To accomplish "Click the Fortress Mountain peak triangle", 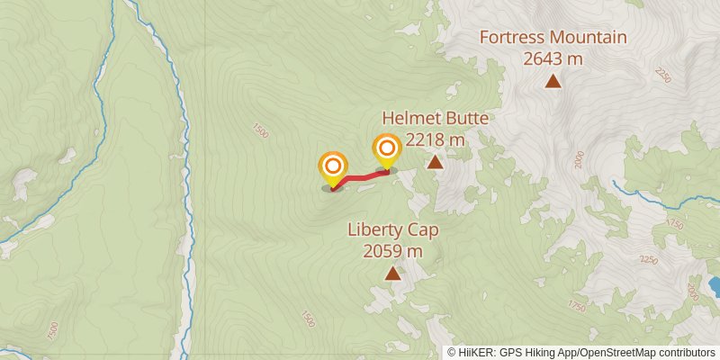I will tap(553, 82).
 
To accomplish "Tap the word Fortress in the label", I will tap(513, 38).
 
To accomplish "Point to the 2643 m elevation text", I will tap(553, 58).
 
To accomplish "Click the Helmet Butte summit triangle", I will tap(435, 163).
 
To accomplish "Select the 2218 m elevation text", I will tap(435, 139).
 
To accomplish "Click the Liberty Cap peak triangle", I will tap(392, 274).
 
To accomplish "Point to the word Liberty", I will tap(376, 230).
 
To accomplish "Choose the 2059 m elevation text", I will tap(392, 252).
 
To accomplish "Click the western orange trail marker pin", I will tap(333, 167).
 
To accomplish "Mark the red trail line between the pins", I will tap(360, 176).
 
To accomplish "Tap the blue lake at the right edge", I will tap(715, 286).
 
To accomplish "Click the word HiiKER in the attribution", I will tap(476, 353).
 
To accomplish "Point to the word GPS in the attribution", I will tap(509, 353).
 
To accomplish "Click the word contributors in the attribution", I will tap(687, 353).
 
